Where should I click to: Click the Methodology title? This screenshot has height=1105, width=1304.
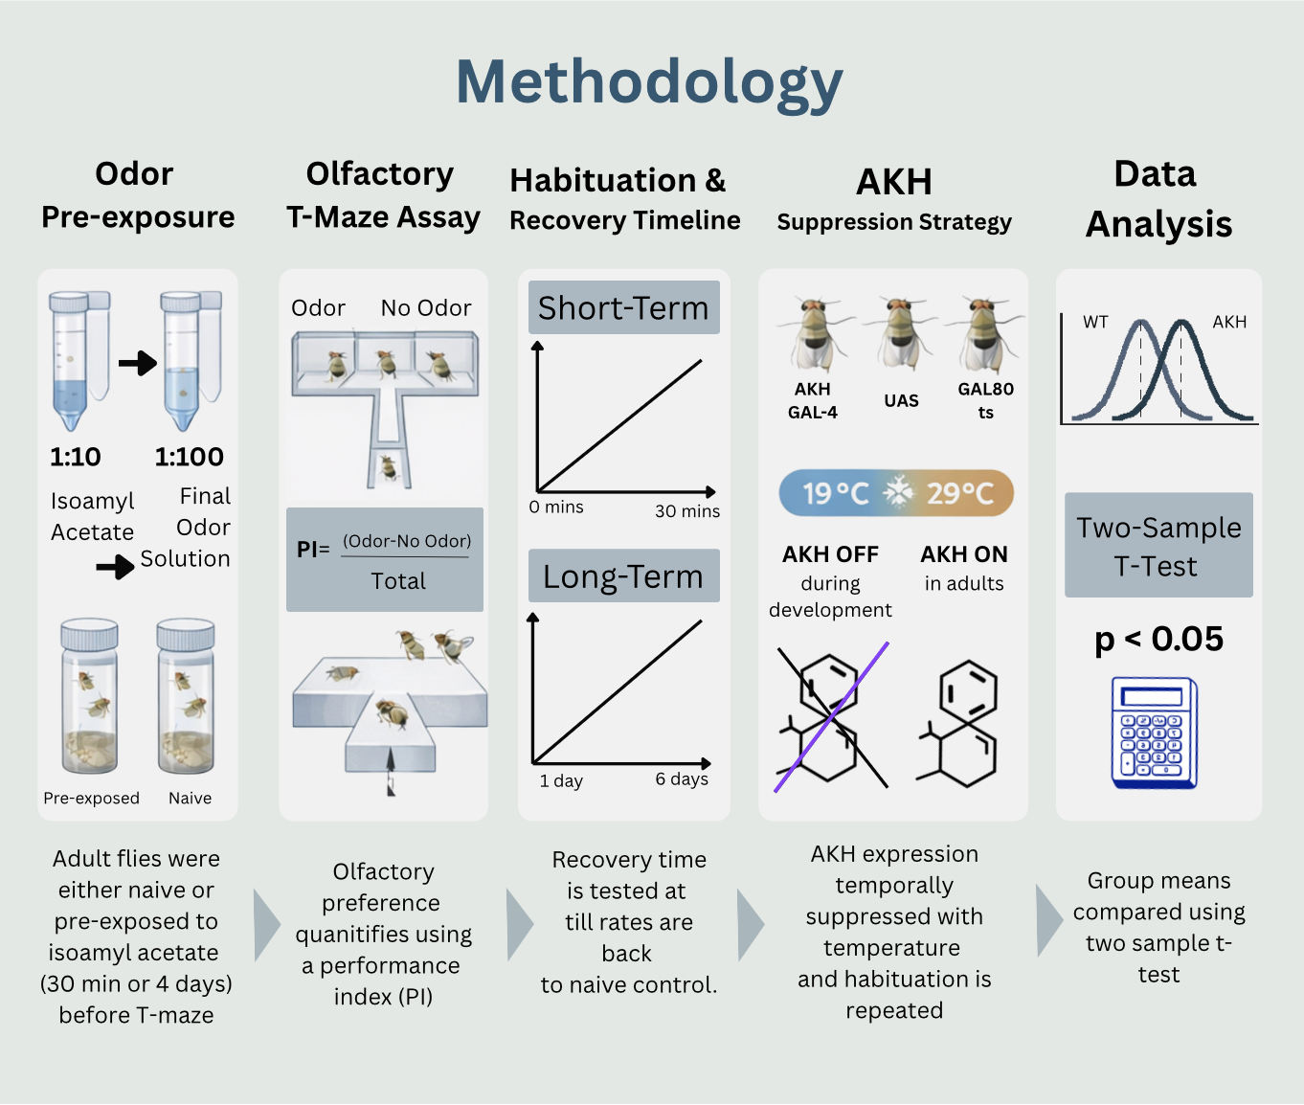[649, 82]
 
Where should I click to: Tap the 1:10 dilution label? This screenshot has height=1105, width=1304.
[76, 457]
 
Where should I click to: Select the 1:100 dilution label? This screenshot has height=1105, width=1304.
[190, 457]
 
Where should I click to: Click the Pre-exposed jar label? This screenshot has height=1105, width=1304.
[91, 798]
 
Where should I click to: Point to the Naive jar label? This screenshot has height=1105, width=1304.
[190, 798]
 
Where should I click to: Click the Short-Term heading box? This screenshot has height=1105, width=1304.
[623, 307]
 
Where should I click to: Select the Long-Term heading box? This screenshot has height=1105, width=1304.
[623, 575]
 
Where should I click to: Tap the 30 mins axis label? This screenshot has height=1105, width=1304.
[686, 511]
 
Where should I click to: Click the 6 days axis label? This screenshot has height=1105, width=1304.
[682, 778]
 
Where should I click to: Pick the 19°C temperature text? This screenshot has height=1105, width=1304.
[835, 493]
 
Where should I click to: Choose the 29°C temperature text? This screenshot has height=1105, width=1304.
[959, 493]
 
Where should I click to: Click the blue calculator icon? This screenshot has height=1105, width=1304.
[1155, 733]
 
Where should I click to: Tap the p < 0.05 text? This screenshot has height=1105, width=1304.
[1158, 639]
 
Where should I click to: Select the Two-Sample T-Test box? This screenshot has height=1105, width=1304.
[1158, 546]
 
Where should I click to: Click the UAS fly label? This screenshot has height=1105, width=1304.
[901, 400]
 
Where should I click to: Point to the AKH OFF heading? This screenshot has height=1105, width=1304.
[830, 554]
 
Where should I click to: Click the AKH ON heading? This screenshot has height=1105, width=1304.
[964, 554]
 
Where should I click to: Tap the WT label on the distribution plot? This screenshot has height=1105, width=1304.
[1095, 322]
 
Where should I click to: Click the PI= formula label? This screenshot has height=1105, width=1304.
[313, 549]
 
